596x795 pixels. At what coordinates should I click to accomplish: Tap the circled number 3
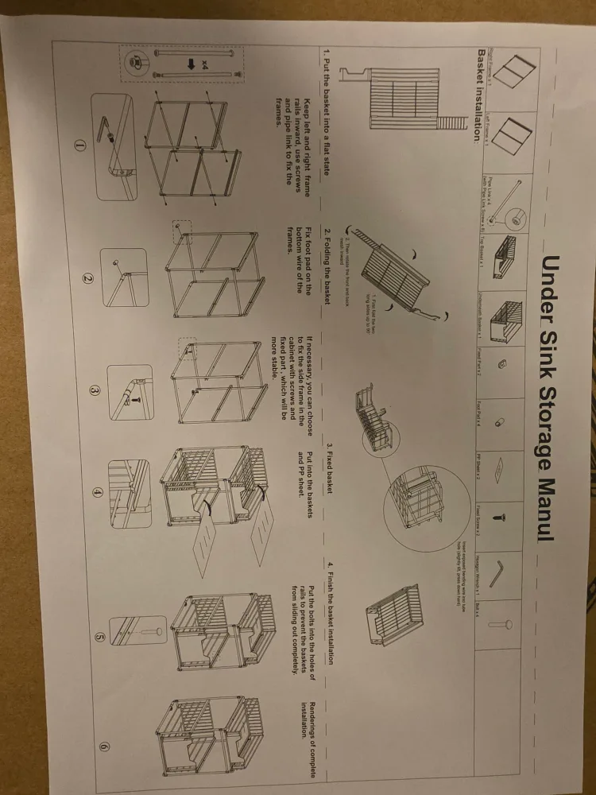(x=94, y=391)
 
